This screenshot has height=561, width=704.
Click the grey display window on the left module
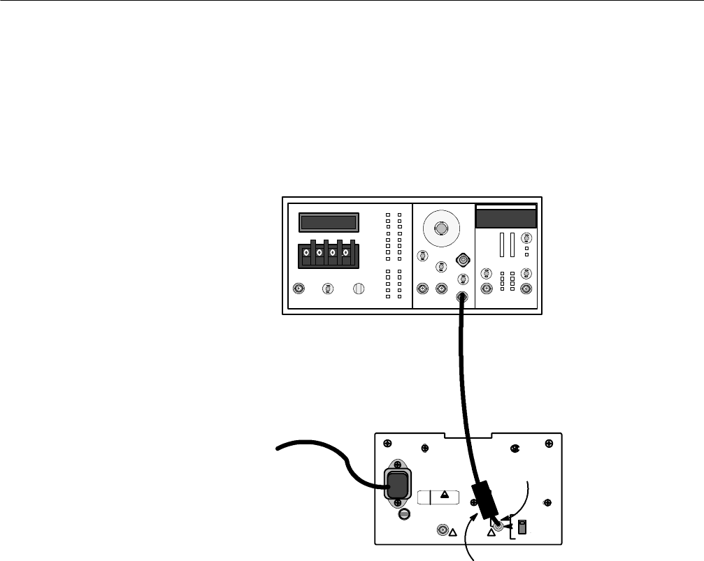click(x=329, y=223)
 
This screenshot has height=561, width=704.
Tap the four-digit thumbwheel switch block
click(x=326, y=255)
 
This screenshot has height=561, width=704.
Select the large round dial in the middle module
click(x=440, y=228)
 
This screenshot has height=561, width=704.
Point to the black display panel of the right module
click(x=506, y=219)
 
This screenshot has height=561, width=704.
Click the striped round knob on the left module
click(x=359, y=289)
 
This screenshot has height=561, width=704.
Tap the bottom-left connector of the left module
click(x=299, y=289)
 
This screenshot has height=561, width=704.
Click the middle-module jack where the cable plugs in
click(x=462, y=298)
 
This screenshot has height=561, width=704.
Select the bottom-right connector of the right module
click(x=526, y=289)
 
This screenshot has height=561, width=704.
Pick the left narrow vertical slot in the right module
click(x=501, y=246)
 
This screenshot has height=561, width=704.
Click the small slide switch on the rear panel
click(x=522, y=525)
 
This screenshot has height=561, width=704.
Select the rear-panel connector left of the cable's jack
click(x=443, y=530)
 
